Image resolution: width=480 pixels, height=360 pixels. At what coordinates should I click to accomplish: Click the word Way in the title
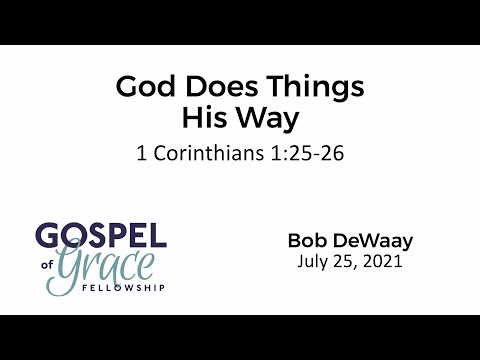pos(269,120)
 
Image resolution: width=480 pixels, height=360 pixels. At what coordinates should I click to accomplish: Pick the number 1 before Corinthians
pos(140,156)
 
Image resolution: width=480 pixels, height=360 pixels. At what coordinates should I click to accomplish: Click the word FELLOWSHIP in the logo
pos(130,288)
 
